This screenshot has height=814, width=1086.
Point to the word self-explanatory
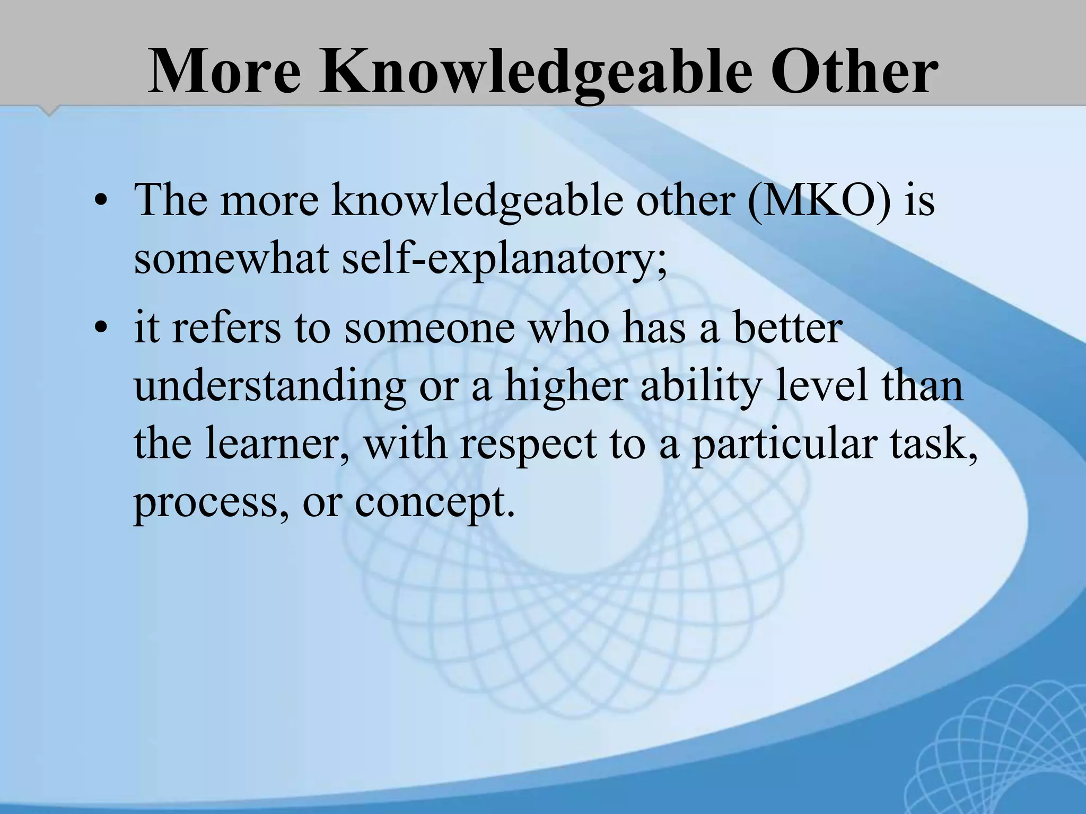504,261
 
